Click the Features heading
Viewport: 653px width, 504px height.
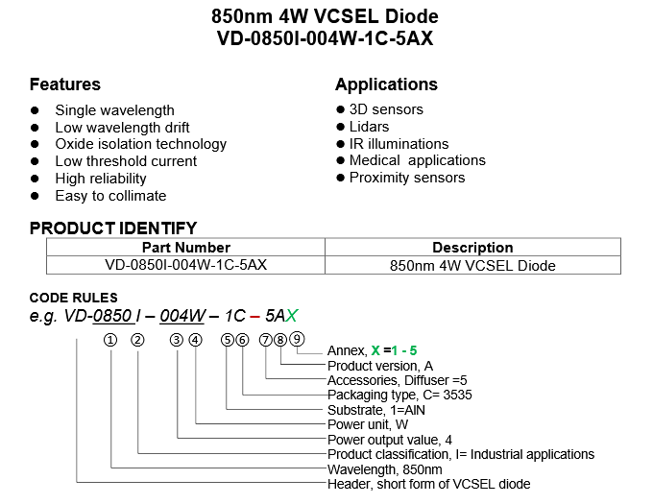coord(64,84)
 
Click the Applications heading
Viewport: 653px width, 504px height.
coord(386,84)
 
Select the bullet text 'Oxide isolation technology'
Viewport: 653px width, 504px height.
coord(140,144)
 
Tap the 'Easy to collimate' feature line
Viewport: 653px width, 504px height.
coord(110,196)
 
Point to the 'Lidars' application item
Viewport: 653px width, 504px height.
coord(369,127)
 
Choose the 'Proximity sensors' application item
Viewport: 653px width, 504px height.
coord(406,178)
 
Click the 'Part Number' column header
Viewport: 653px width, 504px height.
coord(185,248)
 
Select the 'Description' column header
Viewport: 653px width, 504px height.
coord(472,248)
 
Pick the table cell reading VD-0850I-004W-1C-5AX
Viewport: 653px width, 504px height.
coord(185,265)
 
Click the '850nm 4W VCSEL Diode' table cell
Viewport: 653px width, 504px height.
coord(472,265)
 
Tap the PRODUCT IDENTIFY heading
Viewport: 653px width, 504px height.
coord(113,228)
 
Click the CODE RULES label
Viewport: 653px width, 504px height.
coord(73,298)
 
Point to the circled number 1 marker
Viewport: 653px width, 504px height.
coord(112,339)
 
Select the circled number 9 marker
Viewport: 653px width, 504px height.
coord(298,338)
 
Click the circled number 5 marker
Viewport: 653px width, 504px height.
coord(227,339)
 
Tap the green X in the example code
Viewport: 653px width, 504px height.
coord(292,316)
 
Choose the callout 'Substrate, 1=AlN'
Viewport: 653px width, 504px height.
coord(377,410)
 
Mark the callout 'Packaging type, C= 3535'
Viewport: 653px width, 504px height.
coord(399,395)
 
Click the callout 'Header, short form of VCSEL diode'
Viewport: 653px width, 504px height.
coord(428,484)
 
